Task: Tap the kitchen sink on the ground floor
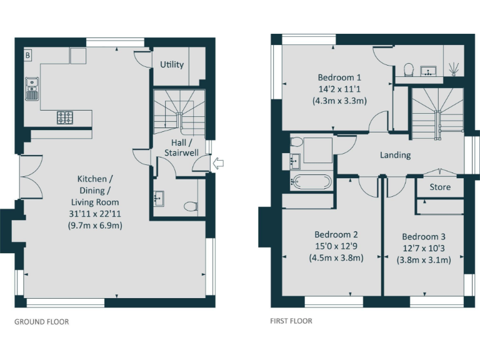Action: pyautogui.click(x=31, y=88)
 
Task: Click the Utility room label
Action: pyautogui.click(x=172, y=64)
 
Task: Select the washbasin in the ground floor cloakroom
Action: pyautogui.click(x=157, y=199)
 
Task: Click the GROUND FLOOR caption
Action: pyautogui.click(x=41, y=322)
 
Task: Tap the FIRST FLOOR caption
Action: pyautogui.click(x=291, y=321)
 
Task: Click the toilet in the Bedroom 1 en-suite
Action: pyautogui.click(x=409, y=69)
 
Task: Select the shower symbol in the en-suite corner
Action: pyautogui.click(x=455, y=68)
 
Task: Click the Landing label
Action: pyautogui.click(x=395, y=155)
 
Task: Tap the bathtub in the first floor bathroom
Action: pyautogui.click(x=311, y=183)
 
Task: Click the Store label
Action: pyautogui.click(x=440, y=187)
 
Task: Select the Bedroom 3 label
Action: pyautogui.click(x=424, y=237)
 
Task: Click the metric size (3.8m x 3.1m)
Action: pyautogui.click(x=424, y=260)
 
